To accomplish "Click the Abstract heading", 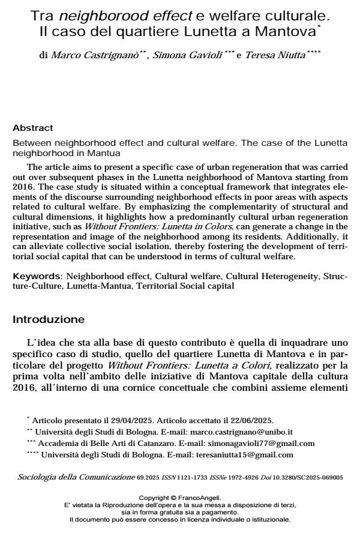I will coord(33,128).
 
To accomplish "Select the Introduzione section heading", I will coord(49,319).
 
